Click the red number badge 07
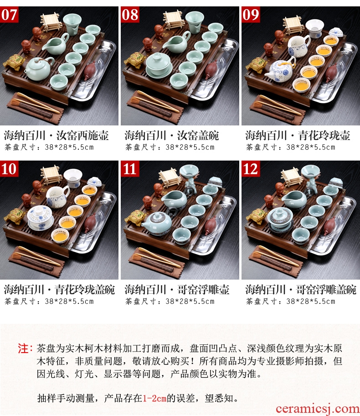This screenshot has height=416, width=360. pos(9,15)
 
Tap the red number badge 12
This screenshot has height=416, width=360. pos(251,169)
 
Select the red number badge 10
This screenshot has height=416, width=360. pos(9,169)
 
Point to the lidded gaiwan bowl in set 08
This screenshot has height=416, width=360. pos(159,65)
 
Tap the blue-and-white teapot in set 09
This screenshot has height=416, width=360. pos(280,70)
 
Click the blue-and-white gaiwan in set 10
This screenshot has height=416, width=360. pos(41,217)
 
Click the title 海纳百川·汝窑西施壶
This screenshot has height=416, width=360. pos(56,135)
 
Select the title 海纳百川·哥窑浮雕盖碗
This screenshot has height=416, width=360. pos(301,290)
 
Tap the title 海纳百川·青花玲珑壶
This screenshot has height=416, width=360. pos(298,135)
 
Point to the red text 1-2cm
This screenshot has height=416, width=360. pos(154,398)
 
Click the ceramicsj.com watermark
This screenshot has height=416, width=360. pos(318,409)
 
